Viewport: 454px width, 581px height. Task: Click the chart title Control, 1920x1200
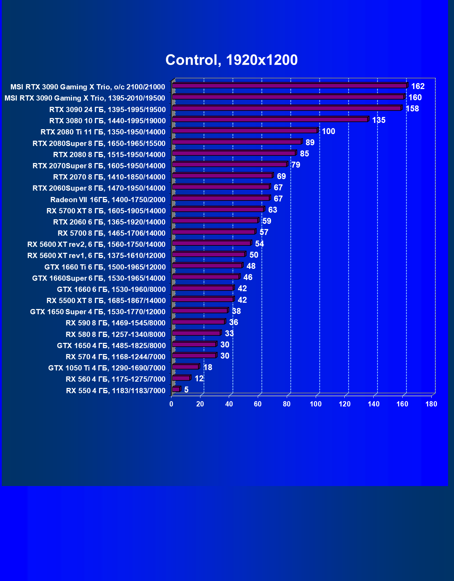coord(232,60)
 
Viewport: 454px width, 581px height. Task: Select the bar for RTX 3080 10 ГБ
coord(270,120)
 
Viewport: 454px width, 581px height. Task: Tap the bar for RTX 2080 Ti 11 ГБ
coord(244,131)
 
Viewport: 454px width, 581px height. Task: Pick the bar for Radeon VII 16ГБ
coord(221,198)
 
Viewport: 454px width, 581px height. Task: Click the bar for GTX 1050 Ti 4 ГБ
coord(185,367)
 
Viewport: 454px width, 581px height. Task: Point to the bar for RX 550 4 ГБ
coord(176,389)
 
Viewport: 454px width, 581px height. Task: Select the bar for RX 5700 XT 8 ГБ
coord(218,209)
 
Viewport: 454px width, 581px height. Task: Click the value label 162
coord(418,86)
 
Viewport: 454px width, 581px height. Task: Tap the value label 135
coord(379,120)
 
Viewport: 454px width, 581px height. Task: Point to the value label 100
coord(328,131)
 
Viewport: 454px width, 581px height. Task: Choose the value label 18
coord(207,367)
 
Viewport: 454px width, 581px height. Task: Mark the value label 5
coord(186,390)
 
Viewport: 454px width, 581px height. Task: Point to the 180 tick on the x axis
coord(431,404)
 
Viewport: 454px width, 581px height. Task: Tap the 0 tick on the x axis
coord(171,404)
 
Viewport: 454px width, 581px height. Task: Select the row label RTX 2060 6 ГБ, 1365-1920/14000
coord(109,222)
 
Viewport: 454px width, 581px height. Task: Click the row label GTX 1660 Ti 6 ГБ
coord(105,267)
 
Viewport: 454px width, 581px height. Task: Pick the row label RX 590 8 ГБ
coord(116,323)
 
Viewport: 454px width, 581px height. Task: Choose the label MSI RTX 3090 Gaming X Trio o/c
coord(88,87)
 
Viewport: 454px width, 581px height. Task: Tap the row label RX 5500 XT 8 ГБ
coord(106,301)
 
